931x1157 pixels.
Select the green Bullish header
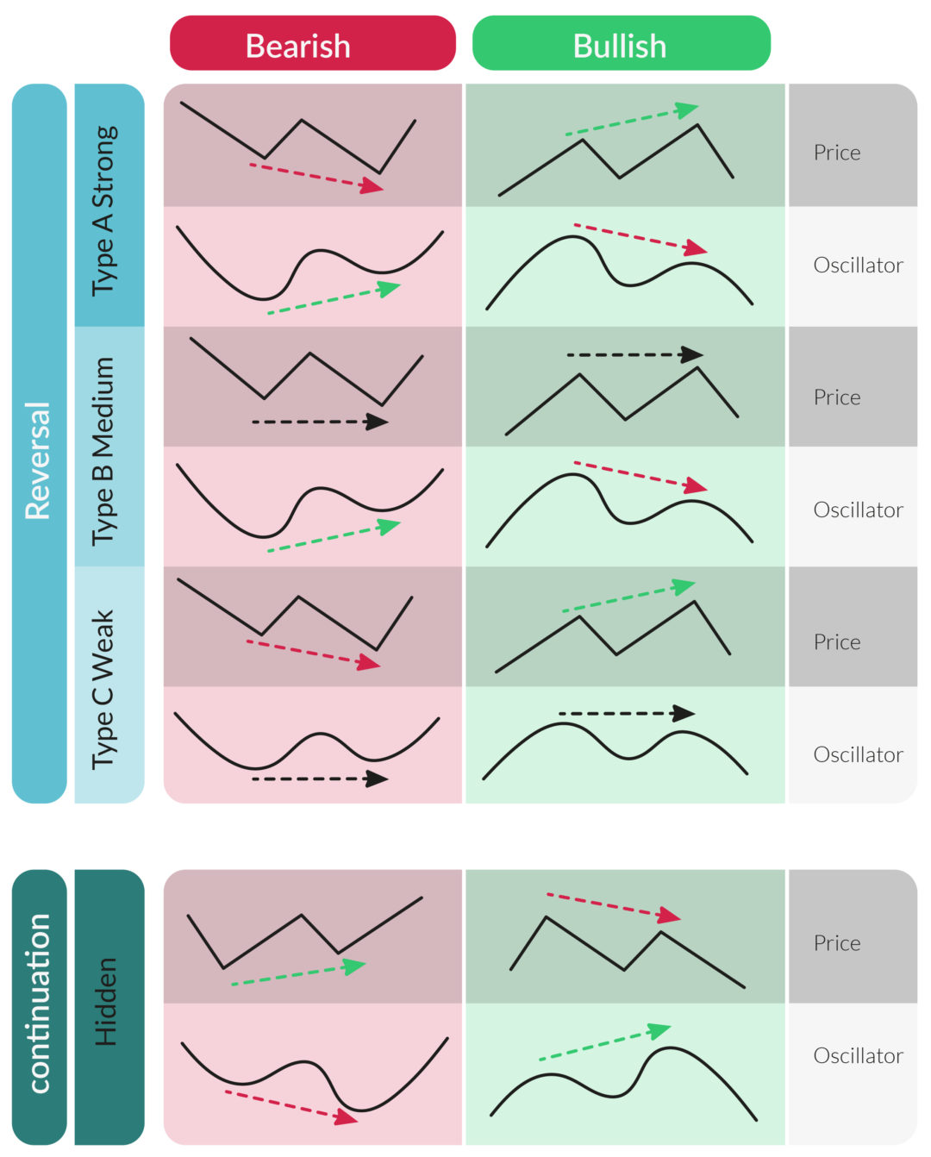(x=621, y=44)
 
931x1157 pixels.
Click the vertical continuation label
(x=39, y=1004)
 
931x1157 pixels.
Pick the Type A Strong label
(x=105, y=210)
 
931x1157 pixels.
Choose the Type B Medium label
(x=105, y=450)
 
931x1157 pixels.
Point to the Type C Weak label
(x=105, y=689)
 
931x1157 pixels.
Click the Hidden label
(x=105, y=1003)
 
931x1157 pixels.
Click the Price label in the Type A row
(x=837, y=153)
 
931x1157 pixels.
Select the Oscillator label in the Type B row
(x=858, y=510)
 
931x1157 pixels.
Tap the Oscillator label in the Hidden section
(x=858, y=1055)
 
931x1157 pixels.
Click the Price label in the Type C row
(x=837, y=642)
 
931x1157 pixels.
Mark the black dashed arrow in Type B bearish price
(x=319, y=422)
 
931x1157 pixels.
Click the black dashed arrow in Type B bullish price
(x=634, y=354)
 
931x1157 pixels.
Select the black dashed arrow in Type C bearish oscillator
(x=319, y=779)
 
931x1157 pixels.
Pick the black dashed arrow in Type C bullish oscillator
(x=626, y=713)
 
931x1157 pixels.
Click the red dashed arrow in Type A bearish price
(x=316, y=176)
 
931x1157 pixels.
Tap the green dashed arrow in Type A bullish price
(x=631, y=122)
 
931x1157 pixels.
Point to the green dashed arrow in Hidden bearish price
(x=298, y=974)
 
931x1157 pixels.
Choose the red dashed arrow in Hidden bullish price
(x=613, y=906)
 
